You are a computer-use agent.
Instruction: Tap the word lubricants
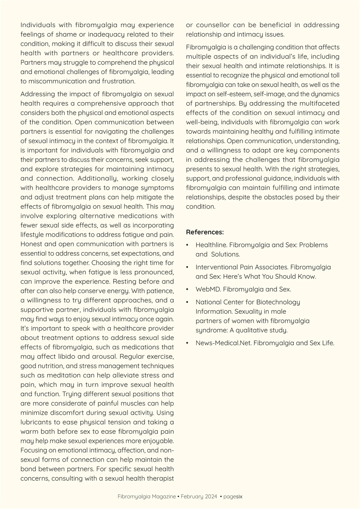37,422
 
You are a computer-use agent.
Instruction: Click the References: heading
205,232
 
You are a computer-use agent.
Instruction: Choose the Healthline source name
211,245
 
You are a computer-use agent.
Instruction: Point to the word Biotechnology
278,302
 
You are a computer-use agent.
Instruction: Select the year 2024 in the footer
211,497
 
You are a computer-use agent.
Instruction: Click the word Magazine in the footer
162,497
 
